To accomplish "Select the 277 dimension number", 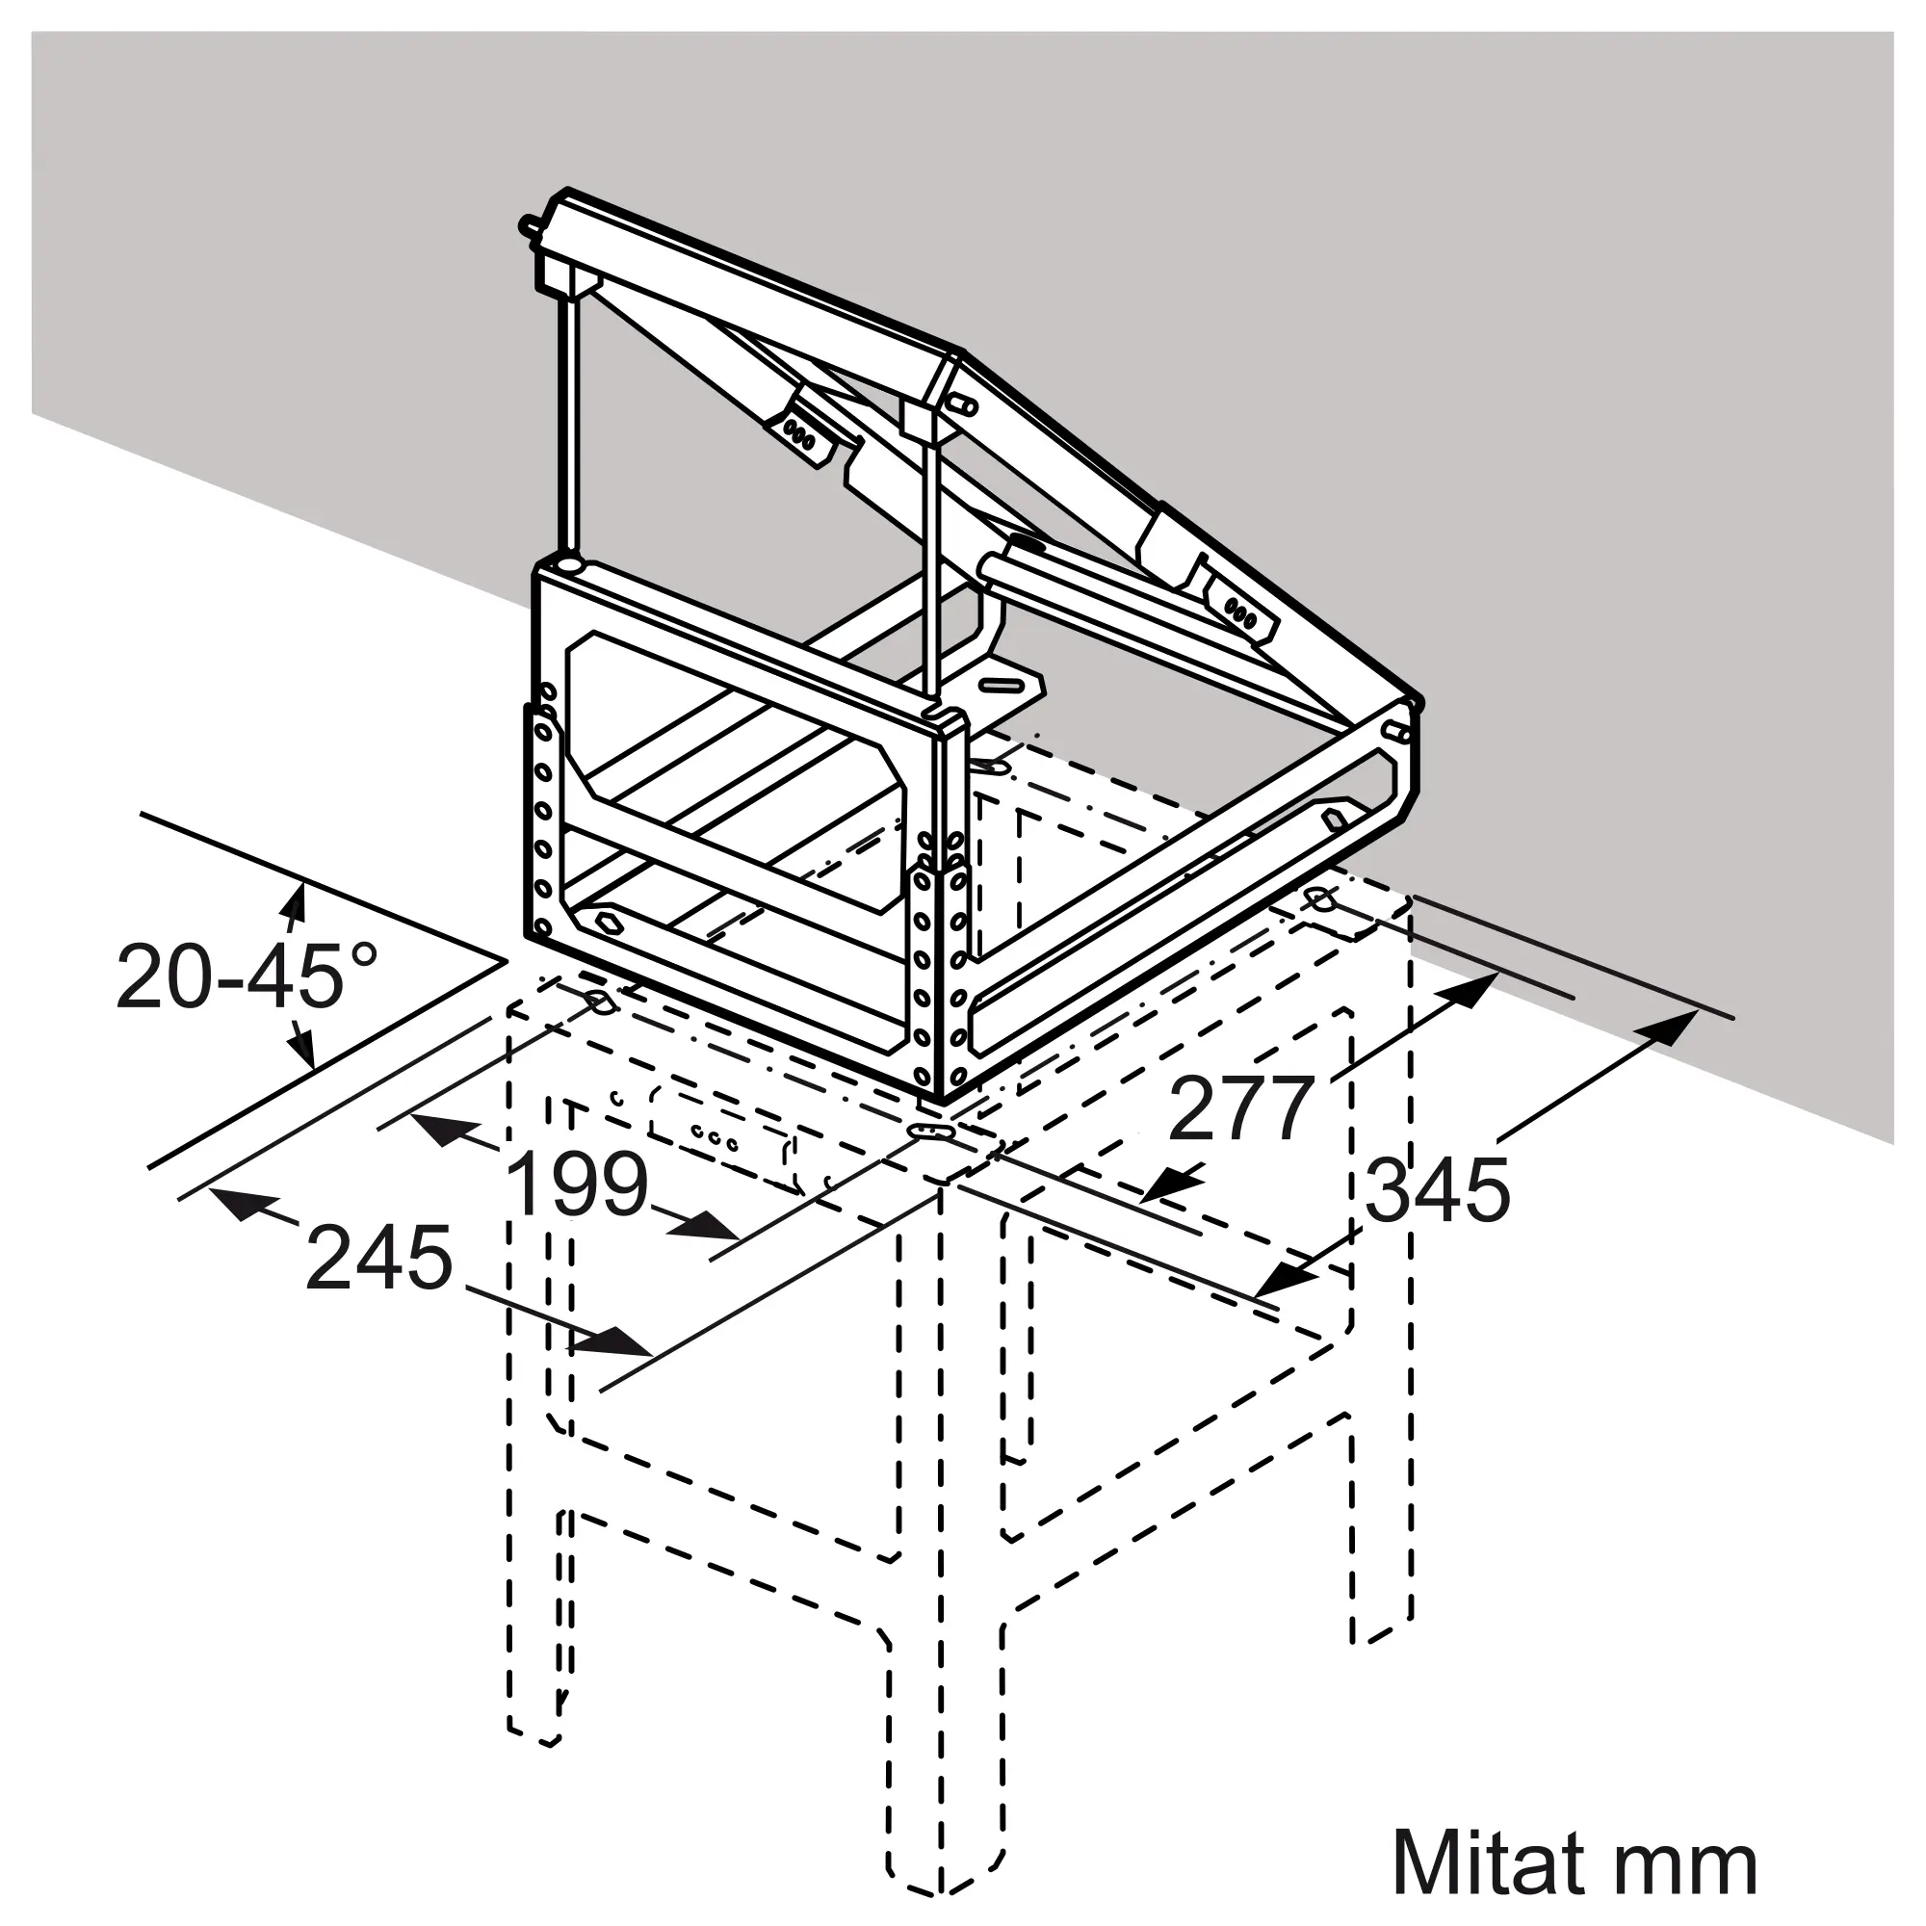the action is [1241, 1108].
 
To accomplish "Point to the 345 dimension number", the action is [1438, 1189].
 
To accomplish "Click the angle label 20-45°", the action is [247, 976].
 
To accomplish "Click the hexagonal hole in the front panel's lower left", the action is [604, 919].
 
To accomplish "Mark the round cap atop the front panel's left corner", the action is [569, 565].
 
